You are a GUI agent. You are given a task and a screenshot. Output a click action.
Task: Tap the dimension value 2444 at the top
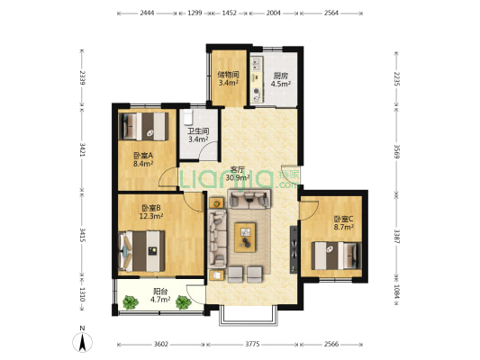pyautogui.click(x=147, y=13)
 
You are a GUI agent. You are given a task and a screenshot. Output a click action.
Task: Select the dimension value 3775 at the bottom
pyautogui.click(x=252, y=345)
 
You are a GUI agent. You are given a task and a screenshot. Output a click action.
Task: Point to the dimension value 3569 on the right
pyautogui.click(x=396, y=151)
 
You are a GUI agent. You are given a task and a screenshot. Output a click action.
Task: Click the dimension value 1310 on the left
pyautogui.click(x=82, y=294)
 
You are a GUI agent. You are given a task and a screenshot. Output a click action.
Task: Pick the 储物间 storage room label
pyautogui.click(x=228, y=75)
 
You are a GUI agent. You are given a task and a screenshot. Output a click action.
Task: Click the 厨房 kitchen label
pyautogui.click(x=280, y=76)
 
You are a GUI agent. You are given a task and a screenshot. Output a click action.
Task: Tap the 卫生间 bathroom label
pyautogui.click(x=198, y=131)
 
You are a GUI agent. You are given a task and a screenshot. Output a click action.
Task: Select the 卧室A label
pyautogui.click(x=143, y=156)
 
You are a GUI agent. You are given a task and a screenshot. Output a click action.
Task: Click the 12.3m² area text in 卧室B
pyautogui.click(x=151, y=216)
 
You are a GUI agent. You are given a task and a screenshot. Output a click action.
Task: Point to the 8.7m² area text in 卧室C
pyautogui.click(x=344, y=227)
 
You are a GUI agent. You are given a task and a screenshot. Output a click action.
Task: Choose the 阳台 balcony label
pyautogui.click(x=160, y=292)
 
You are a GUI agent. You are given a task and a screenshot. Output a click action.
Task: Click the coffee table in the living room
pyautogui.click(x=245, y=238)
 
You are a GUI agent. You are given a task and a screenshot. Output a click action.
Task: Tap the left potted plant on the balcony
pyautogui.click(x=131, y=302)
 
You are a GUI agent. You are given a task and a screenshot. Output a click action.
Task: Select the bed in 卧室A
pyautogui.click(x=143, y=126)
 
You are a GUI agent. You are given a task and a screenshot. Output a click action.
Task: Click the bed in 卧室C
pyautogui.click(x=337, y=256)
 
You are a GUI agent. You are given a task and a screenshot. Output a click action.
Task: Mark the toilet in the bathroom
pyautogui.click(x=187, y=118)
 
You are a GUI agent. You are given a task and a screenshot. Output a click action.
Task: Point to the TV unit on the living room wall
pyautogui.click(x=294, y=249)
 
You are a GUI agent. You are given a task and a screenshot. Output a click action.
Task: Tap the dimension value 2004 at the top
pyautogui.click(x=274, y=13)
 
